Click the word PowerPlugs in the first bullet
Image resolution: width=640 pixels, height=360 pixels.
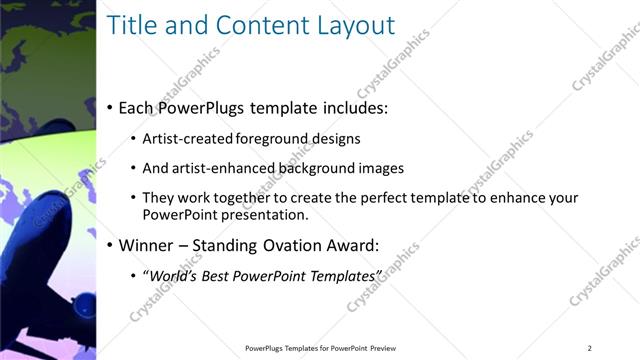coord(208,107)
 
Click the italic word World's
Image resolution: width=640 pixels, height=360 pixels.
coord(172,275)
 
